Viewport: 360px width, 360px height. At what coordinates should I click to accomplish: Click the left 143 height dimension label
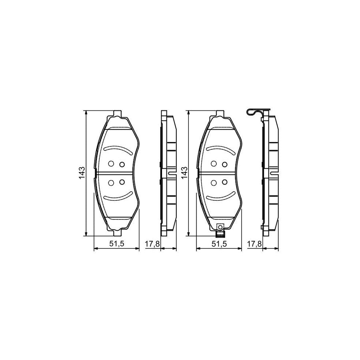pyautogui.click(x=81, y=173)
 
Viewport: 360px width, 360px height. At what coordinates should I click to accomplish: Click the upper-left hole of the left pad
pyautogui.click(x=112, y=163)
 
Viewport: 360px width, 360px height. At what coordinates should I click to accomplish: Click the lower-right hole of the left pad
pyautogui.click(x=122, y=182)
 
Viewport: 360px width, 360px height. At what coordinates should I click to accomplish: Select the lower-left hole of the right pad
pyautogui.click(x=214, y=183)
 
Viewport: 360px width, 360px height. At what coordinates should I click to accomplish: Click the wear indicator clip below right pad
pyautogui.click(x=220, y=228)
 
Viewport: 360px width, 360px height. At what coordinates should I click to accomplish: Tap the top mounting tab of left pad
pyautogui.click(x=117, y=113)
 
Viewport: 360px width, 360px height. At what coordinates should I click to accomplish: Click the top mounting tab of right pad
pyautogui.click(x=220, y=113)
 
